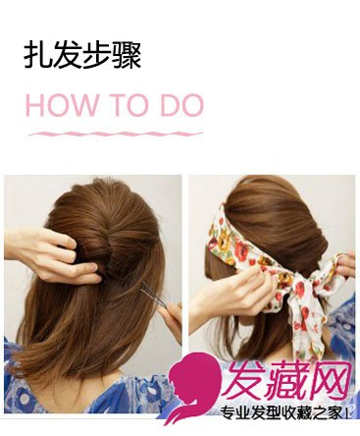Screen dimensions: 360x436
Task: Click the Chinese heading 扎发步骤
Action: [82, 56]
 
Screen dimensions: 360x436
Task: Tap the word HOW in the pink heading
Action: [62, 105]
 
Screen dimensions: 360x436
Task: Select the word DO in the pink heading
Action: [181, 105]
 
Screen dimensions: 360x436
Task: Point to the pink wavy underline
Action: [116, 134]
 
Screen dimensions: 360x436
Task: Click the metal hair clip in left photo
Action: [154, 295]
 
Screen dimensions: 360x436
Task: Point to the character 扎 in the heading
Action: [38, 56]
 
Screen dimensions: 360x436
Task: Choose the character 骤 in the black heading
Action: [127, 56]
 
